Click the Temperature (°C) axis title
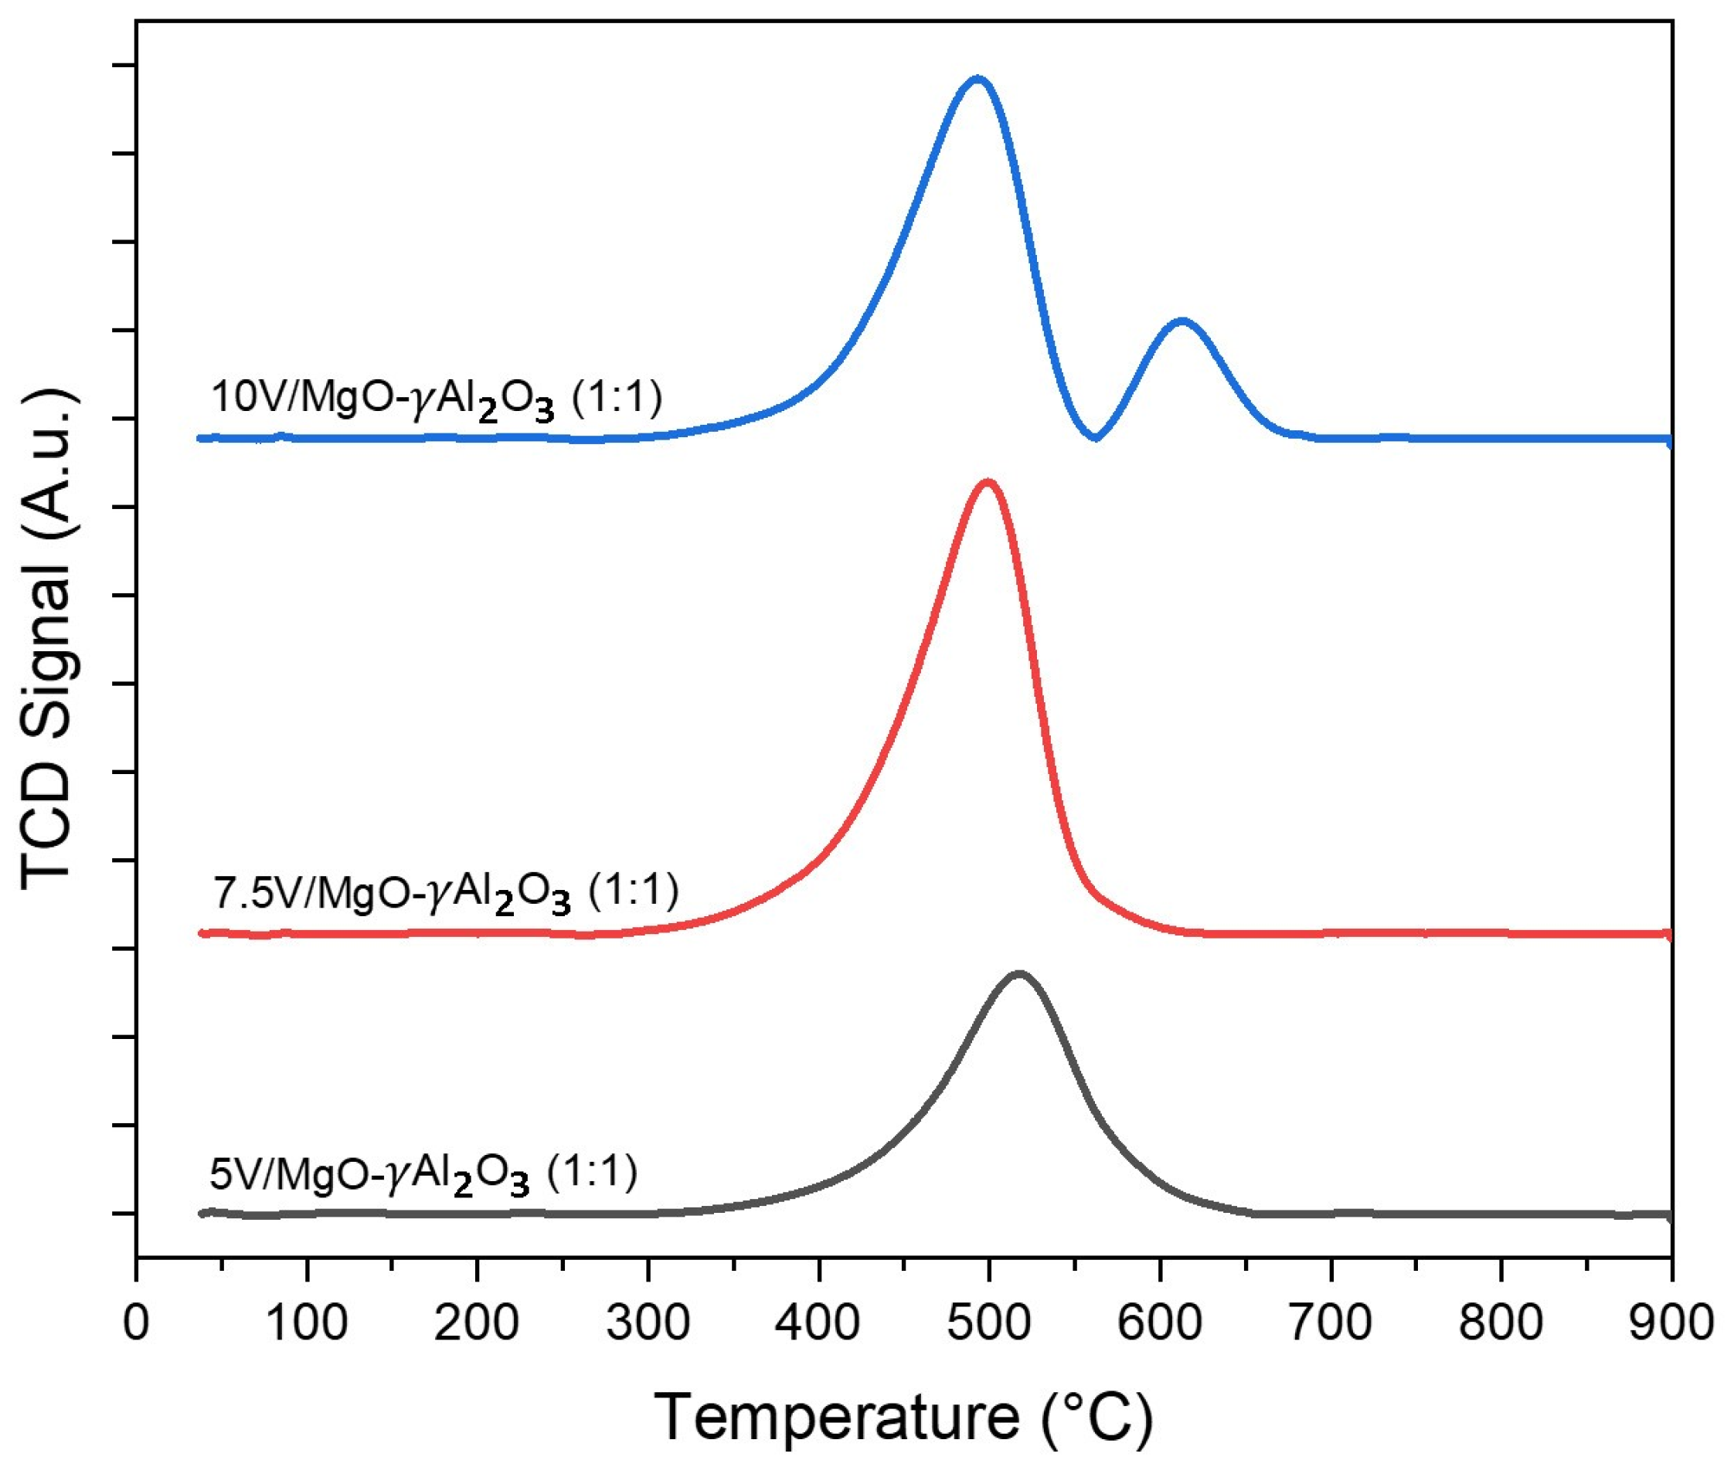coord(904,1416)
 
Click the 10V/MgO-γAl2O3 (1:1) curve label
coord(437,399)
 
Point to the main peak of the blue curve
coord(978,80)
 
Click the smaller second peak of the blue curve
coord(1181,321)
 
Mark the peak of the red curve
coord(988,482)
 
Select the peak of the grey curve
coord(1018,974)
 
